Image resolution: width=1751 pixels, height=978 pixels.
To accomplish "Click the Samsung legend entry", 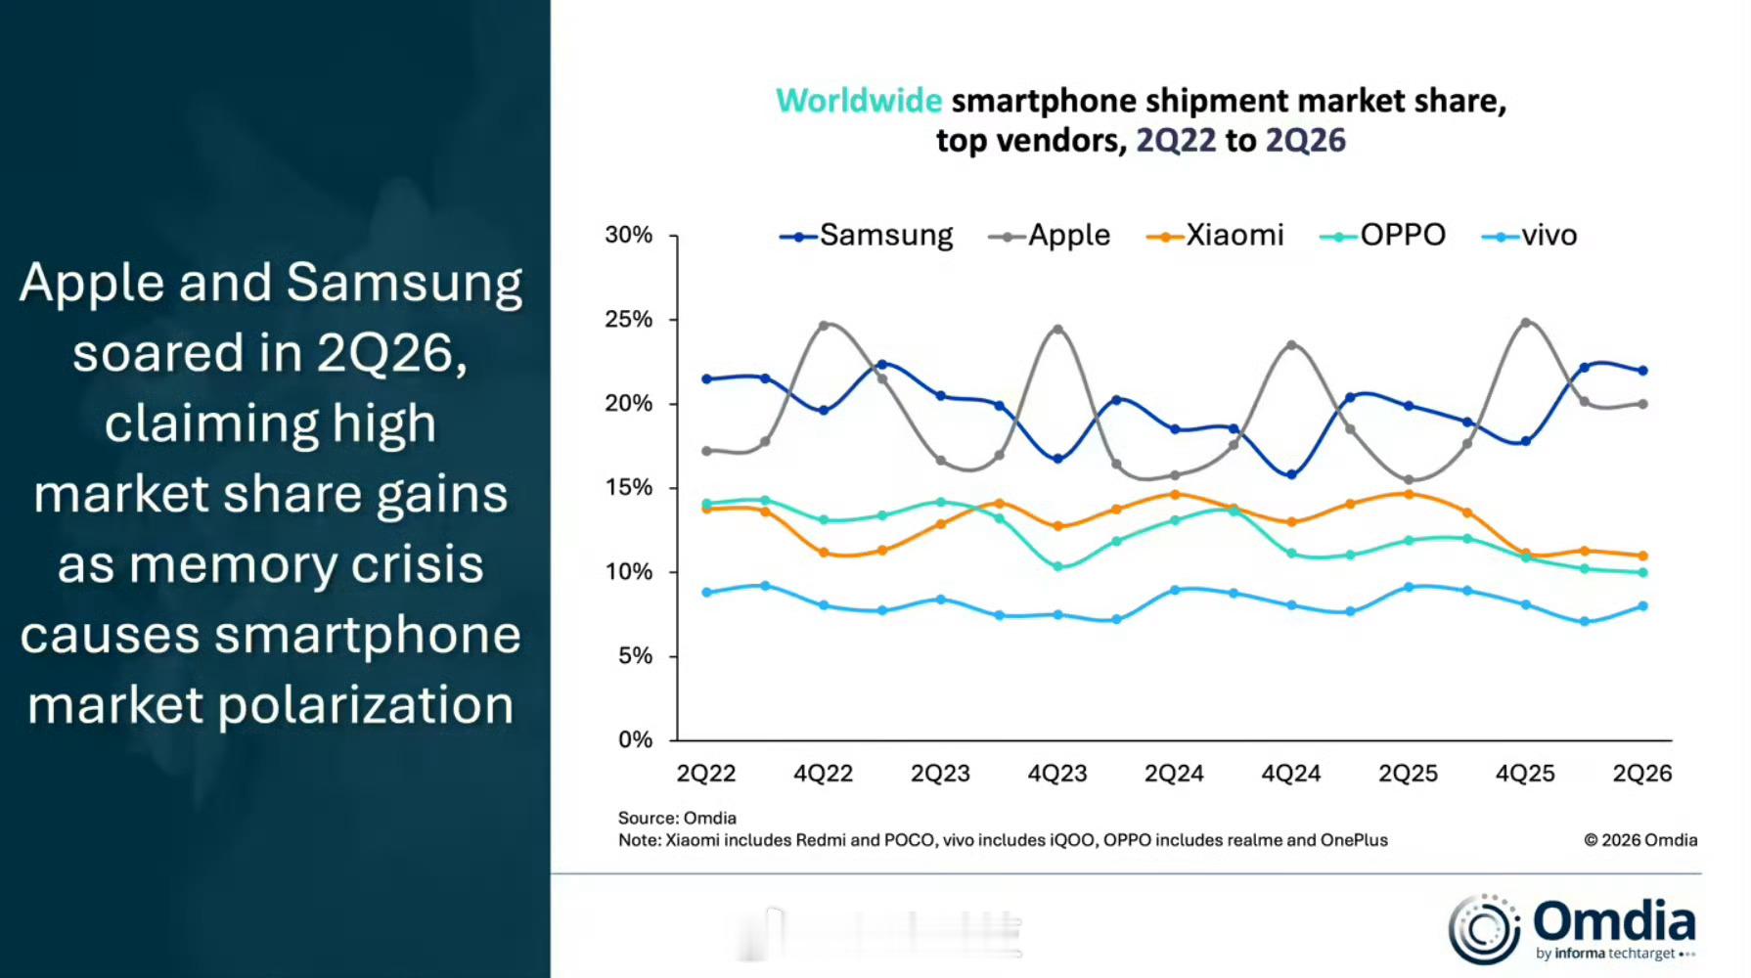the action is click(x=866, y=236).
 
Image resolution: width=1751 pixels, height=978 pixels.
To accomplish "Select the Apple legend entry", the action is click(x=1050, y=236).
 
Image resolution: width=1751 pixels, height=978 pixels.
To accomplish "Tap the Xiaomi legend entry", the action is click(x=1215, y=236).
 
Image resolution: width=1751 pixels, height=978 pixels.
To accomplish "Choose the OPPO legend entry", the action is click(x=1382, y=236).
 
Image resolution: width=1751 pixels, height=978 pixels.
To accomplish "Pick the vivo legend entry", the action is click(x=1530, y=236).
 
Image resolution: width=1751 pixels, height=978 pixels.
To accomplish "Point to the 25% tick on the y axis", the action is click(x=629, y=320).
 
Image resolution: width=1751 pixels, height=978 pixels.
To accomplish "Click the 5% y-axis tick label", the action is click(x=636, y=656).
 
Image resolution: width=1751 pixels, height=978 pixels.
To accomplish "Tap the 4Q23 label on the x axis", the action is click(x=1057, y=774).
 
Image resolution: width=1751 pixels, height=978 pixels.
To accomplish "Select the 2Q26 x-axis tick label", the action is click(x=1642, y=774).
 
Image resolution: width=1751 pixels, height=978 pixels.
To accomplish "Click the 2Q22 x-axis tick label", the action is click(x=706, y=774).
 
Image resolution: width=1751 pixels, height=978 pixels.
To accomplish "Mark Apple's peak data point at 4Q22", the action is click(x=824, y=325).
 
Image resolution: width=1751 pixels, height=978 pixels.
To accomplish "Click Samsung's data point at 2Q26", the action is click(x=1643, y=371).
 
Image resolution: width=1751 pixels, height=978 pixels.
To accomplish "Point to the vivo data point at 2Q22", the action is click(x=706, y=593).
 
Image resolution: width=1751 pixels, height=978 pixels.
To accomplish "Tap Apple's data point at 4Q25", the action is click(x=1526, y=322).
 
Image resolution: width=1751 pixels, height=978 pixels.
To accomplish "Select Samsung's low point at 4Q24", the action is click(x=1292, y=475).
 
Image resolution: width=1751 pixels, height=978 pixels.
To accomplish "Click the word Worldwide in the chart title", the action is click(x=859, y=101).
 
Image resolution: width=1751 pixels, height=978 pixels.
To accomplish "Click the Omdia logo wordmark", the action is click(x=1614, y=921).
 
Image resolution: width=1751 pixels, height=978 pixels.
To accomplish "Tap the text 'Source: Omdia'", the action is click(x=677, y=818).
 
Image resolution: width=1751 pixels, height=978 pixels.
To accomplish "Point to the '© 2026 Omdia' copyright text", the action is click(x=1640, y=840).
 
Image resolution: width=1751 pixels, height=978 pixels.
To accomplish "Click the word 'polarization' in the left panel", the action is click(x=366, y=706).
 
